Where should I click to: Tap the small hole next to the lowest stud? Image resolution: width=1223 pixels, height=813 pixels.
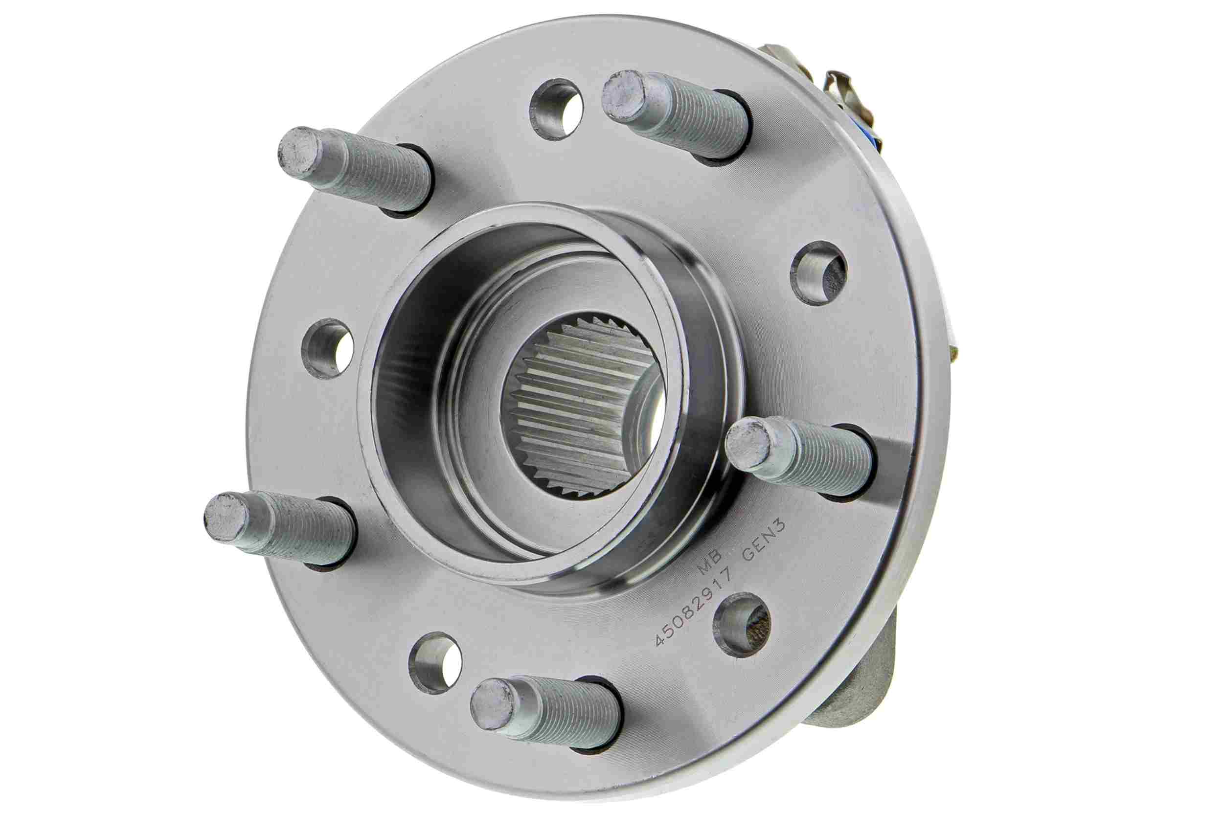point(435,661)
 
